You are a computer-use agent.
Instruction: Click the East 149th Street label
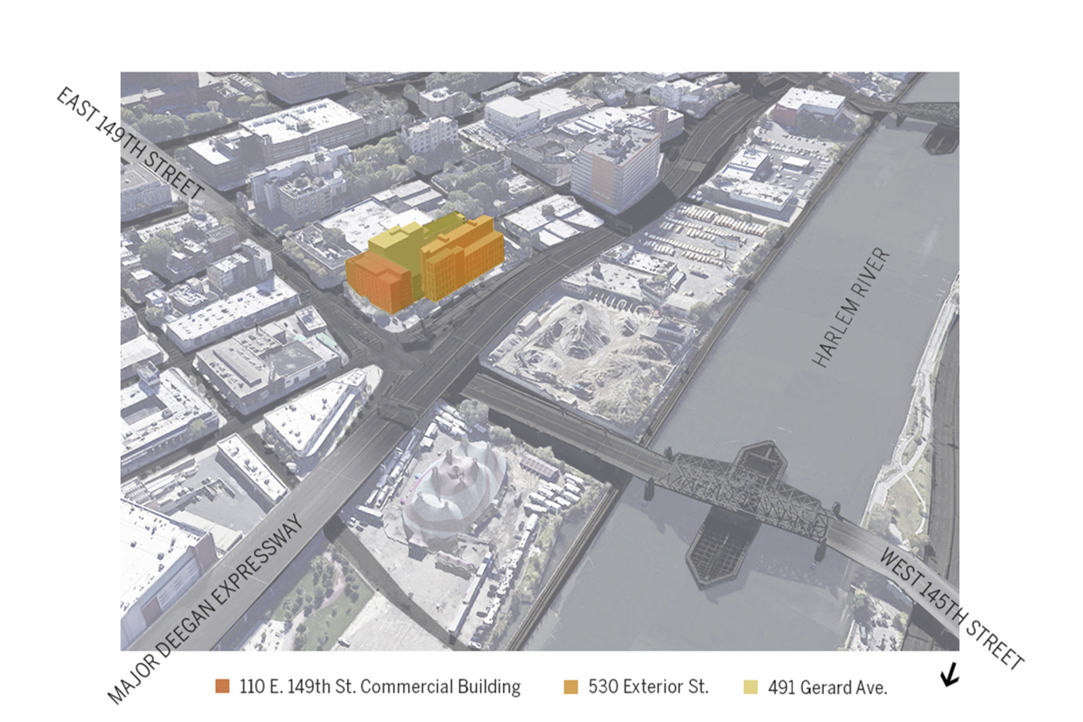[129, 143]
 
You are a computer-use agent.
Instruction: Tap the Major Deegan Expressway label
[204, 610]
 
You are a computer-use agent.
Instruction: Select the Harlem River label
[851, 308]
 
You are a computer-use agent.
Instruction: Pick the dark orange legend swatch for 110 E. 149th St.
[222, 686]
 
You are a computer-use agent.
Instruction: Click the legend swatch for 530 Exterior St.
[571, 687]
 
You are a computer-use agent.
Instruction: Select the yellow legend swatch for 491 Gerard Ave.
[750, 687]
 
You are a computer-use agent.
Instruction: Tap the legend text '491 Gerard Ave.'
[827, 687]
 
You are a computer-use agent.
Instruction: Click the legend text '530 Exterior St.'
[648, 687]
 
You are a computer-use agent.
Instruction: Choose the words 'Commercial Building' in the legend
[440, 687]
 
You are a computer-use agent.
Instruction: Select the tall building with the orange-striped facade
[615, 169]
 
